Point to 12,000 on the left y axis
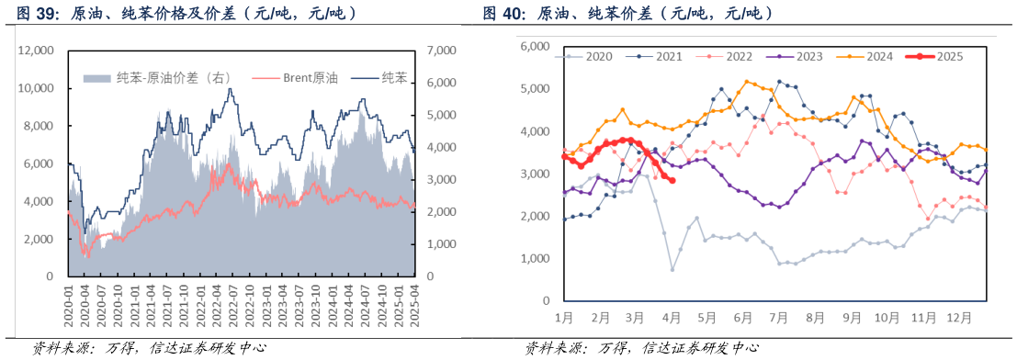pos(38,51)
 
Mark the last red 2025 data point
pos(672,180)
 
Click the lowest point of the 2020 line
pos(672,269)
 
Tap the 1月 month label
pos(564,319)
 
